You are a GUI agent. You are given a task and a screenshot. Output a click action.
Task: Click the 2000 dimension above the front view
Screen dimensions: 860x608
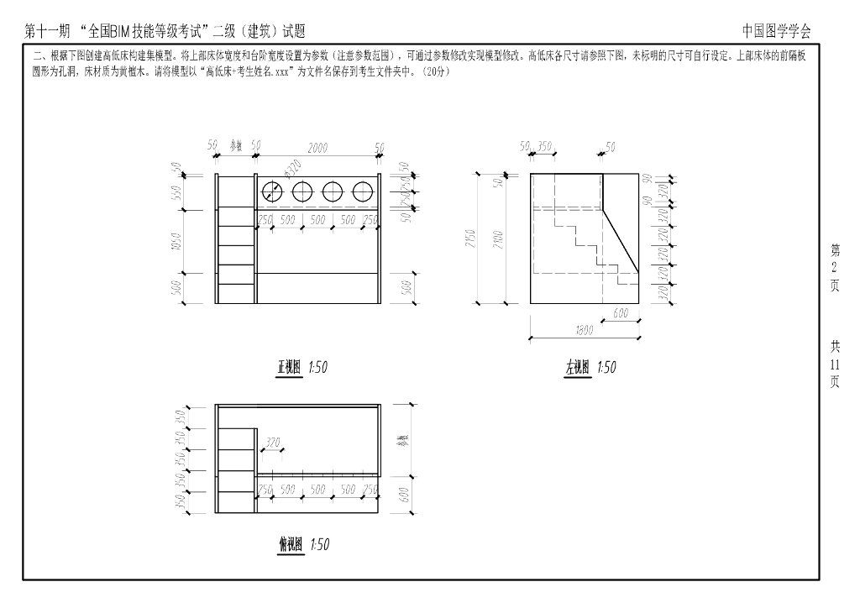coord(317,147)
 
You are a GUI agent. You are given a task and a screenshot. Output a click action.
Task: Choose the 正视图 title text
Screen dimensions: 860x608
coord(290,367)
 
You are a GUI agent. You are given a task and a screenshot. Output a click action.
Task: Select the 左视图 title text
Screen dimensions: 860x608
coord(578,368)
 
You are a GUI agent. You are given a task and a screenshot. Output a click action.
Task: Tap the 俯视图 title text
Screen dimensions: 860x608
coord(291,545)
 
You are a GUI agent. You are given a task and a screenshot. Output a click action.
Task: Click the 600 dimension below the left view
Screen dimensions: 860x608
coord(621,312)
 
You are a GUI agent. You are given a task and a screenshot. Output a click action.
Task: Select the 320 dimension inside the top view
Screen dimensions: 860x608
coord(272,441)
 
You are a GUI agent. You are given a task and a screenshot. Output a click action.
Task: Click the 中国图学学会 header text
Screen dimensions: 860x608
coord(777,31)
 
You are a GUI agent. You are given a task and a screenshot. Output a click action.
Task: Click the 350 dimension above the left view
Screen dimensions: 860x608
coord(545,147)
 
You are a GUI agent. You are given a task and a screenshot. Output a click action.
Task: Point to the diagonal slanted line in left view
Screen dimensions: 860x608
coord(622,241)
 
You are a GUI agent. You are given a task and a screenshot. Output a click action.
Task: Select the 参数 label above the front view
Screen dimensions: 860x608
coord(236,146)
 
